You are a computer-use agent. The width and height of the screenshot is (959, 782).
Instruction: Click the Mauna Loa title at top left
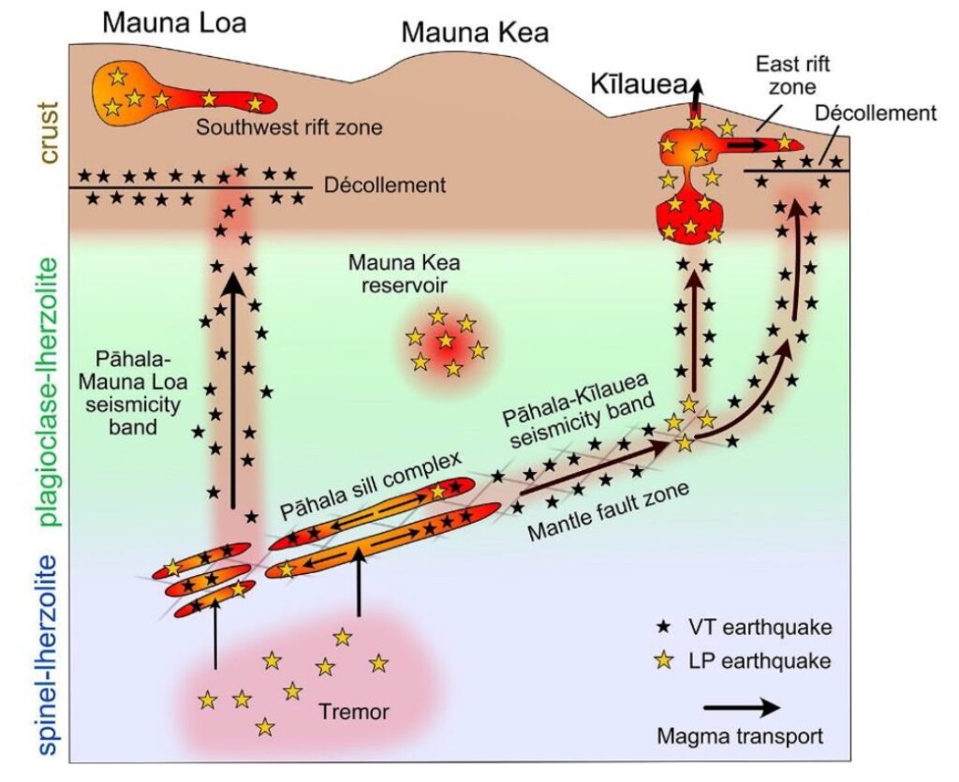click(x=174, y=22)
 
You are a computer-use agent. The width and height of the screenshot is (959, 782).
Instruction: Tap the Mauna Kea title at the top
click(x=475, y=34)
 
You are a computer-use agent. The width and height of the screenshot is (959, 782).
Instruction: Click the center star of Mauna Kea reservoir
click(x=446, y=341)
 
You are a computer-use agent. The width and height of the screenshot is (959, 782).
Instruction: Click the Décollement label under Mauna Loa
click(x=384, y=185)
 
